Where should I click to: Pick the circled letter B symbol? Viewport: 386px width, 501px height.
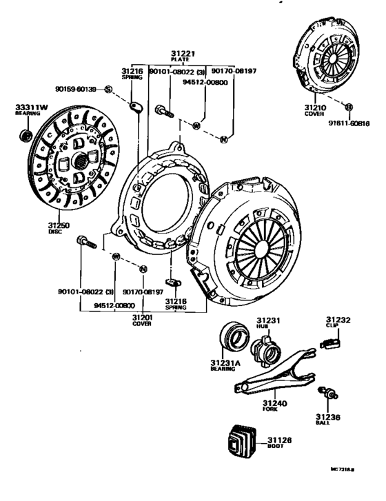[349, 107]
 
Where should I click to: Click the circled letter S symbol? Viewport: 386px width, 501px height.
[108, 89]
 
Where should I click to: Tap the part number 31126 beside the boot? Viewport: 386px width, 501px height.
[280, 440]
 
